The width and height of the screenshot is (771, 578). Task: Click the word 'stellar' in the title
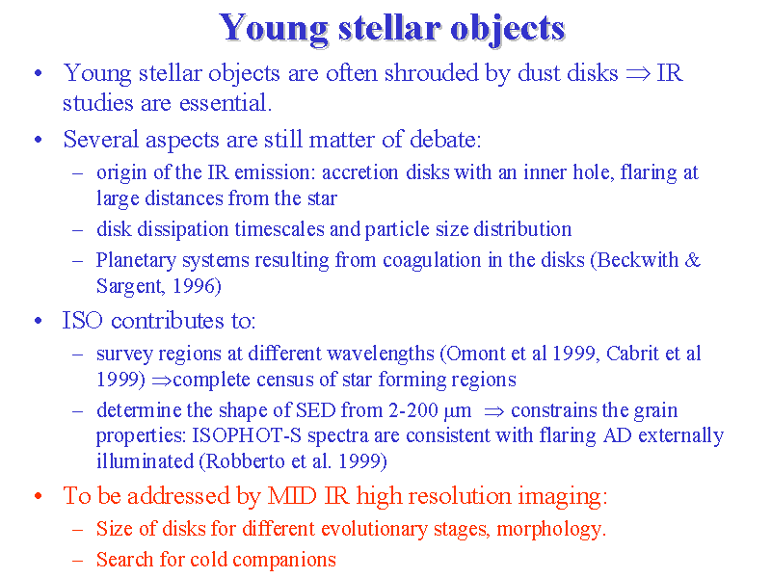tap(388, 28)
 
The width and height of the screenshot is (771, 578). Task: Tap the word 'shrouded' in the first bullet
tap(431, 73)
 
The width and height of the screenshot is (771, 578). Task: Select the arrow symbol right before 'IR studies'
tap(638, 74)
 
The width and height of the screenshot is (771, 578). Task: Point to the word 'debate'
tap(445, 139)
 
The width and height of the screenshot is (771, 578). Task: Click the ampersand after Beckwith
tap(692, 259)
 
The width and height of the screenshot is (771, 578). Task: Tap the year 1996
tap(194, 285)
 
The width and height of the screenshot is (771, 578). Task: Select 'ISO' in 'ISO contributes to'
tap(83, 321)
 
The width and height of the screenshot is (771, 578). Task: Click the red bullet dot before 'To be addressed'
tap(39, 495)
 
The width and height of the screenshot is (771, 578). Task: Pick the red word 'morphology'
tap(550, 529)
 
